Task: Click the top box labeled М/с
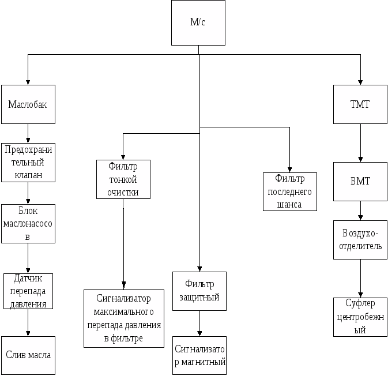click(198, 22)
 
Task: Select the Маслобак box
click(28, 104)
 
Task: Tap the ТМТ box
click(360, 104)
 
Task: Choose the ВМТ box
click(360, 181)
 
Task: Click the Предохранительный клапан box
click(28, 162)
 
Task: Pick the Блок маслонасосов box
click(28, 224)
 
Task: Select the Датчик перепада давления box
click(28, 291)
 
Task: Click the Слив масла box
click(28, 355)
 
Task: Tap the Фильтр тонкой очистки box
click(123, 179)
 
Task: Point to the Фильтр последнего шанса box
click(289, 191)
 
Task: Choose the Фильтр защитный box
click(199, 291)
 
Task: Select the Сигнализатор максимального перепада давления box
click(123, 318)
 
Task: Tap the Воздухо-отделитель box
click(360, 240)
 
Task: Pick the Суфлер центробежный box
click(360, 317)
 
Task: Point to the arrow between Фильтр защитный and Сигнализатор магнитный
click(199, 324)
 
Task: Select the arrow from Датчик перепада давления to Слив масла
click(28, 322)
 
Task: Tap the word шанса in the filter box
click(289, 204)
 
